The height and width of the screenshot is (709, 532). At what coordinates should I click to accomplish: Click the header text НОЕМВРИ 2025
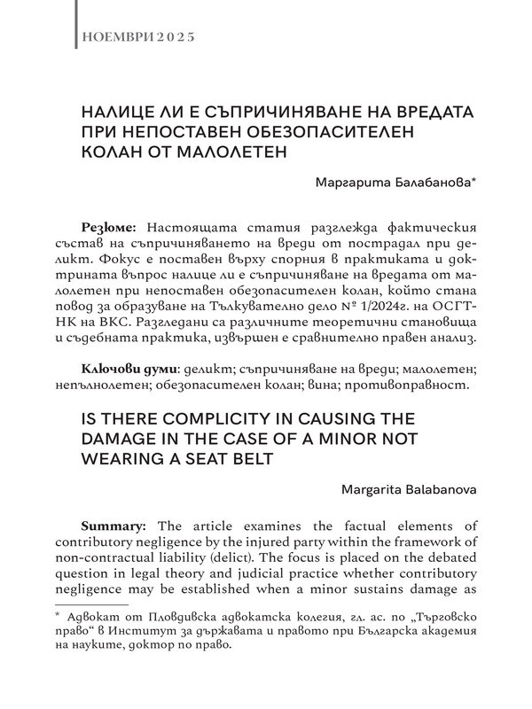tap(137, 38)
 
